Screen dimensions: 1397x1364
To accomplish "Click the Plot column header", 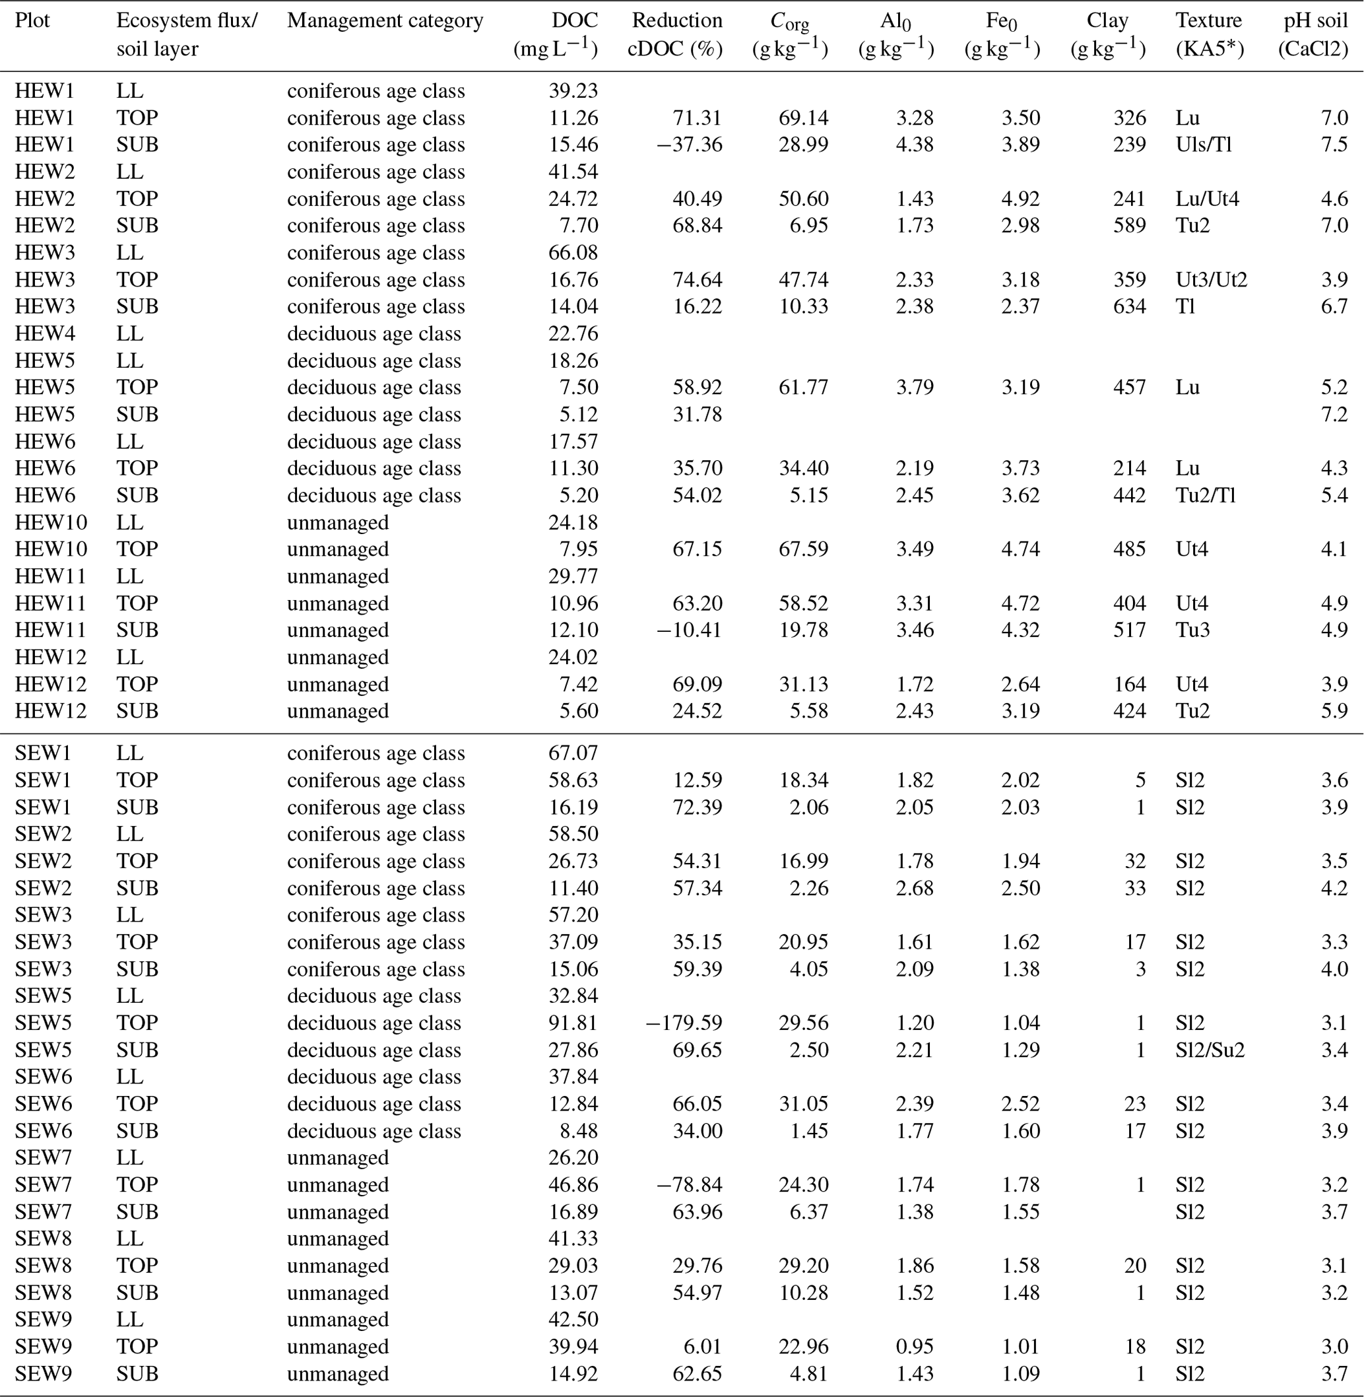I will (32, 20).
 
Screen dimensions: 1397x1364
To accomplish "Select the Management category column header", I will (385, 20).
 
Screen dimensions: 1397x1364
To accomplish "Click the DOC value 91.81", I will (573, 1023).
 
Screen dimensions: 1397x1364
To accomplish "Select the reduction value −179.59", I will (684, 1023).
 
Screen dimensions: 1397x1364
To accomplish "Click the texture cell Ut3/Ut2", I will (1211, 279).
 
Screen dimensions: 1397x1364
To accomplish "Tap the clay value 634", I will (1129, 307).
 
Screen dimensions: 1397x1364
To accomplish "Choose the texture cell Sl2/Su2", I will (1210, 1050).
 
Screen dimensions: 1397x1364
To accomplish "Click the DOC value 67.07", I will (573, 753).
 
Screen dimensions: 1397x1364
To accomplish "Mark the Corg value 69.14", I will (803, 118).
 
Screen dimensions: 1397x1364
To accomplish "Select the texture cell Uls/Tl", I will (1203, 145).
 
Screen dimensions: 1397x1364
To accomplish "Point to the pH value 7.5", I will (1334, 145).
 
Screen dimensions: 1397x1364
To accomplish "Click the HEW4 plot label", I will (44, 334).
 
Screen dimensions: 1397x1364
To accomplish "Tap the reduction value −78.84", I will (688, 1185).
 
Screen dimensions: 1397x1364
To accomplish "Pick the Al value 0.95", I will (914, 1347).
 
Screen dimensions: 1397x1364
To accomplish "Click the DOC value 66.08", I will (573, 253).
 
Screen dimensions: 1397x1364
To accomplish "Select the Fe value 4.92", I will (1020, 199).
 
